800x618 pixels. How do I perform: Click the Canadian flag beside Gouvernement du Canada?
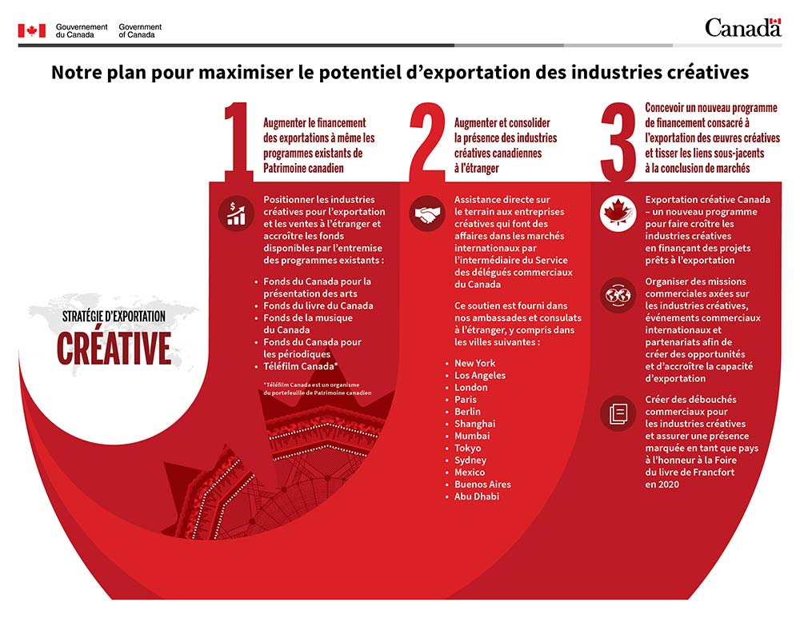(32, 30)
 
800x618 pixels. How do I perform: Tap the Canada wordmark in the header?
(743, 27)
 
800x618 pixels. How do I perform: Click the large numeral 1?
(238, 142)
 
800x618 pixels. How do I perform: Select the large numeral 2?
(427, 142)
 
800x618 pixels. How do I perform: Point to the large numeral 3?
(618, 142)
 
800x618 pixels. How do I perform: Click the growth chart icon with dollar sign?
(236, 213)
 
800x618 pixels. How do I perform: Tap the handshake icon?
(427, 213)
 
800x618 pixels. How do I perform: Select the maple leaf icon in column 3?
(618, 213)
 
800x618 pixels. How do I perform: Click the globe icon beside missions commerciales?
(618, 295)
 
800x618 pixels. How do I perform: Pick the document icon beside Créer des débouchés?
(618, 413)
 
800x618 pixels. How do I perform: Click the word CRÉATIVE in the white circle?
(114, 349)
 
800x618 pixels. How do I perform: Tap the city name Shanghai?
(475, 424)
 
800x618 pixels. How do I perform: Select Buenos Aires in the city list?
(482, 484)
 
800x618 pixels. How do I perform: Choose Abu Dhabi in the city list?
(477, 496)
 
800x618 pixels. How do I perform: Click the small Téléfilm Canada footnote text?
(318, 389)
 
